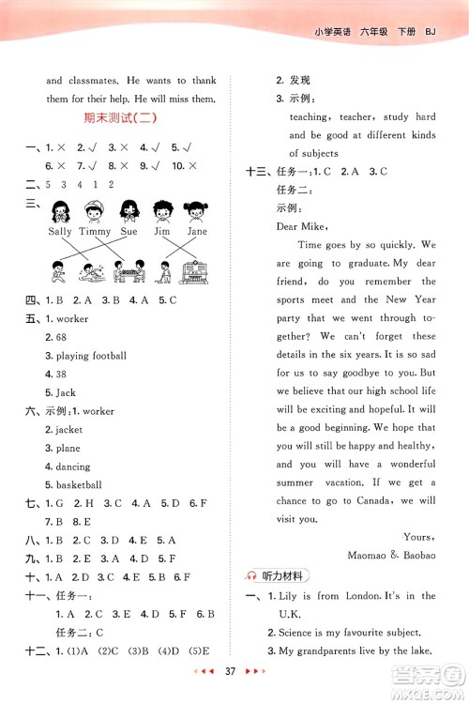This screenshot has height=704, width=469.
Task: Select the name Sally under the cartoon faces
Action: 59,230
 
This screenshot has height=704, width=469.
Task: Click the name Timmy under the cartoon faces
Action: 95,230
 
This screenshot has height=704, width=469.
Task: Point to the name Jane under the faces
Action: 197,230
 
